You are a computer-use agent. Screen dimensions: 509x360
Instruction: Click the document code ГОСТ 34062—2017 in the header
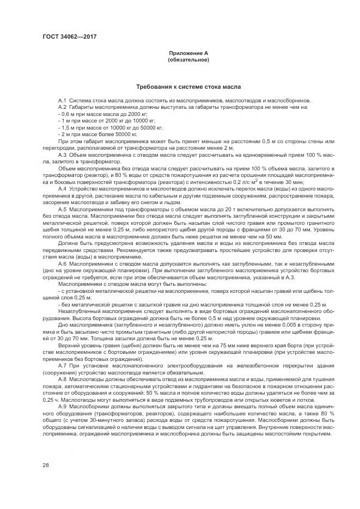coord(66,37)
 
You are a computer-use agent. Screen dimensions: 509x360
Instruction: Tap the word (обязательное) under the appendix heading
coord(188,60)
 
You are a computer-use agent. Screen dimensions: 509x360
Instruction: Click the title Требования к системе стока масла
coord(188,87)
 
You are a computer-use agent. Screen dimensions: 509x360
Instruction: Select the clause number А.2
coord(62,108)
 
